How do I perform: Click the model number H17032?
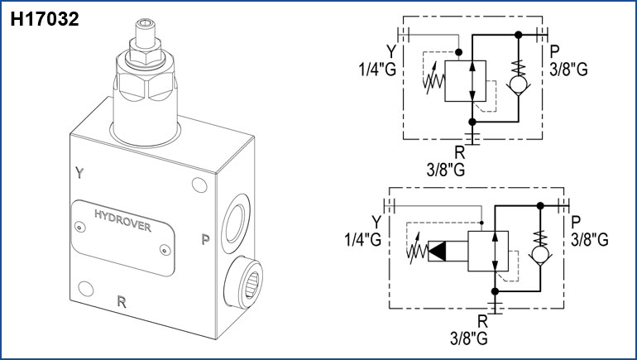coord(45,19)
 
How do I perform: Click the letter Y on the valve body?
coord(79,173)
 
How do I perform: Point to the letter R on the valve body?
coord(122,301)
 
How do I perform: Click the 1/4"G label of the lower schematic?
coord(363,240)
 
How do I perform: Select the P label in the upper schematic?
coord(554,51)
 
